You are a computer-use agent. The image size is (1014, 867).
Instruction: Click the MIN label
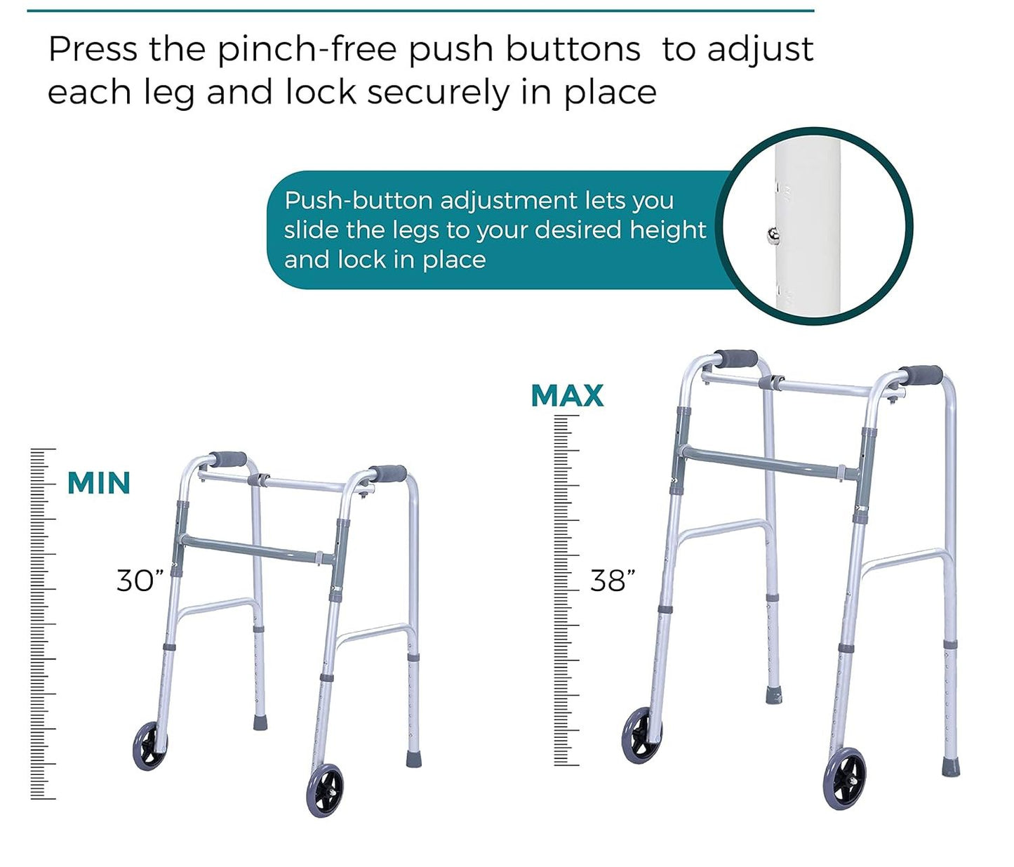click(99, 483)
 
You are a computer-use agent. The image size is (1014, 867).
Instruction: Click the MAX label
click(568, 395)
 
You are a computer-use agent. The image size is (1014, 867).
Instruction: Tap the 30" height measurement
click(140, 581)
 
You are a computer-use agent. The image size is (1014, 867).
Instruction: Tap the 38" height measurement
click(613, 581)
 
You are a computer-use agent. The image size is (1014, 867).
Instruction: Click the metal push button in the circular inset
click(773, 236)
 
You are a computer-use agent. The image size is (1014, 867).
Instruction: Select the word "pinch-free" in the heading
click(307, 50)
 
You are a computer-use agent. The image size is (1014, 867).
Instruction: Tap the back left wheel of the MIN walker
click(150, 746)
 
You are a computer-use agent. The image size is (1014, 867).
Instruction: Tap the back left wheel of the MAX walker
click(642, 736)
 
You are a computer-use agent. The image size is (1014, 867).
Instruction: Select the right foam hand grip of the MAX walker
click(920, 376)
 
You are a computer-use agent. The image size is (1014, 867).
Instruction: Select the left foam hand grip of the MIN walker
click(227, 461)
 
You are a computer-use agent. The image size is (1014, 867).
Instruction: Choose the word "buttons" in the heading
click(573, 50)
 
